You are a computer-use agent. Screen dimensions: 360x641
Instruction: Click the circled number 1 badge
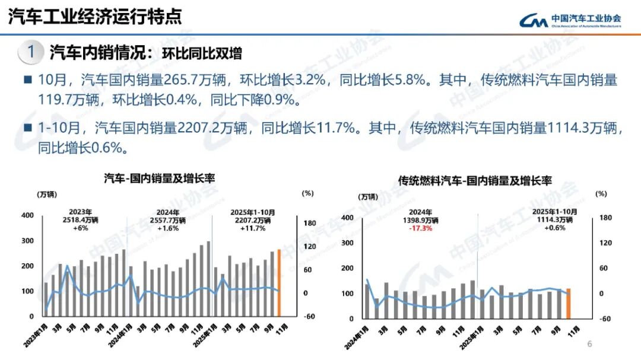point(30,52)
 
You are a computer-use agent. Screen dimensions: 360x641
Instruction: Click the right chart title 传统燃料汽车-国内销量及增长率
point(475,180)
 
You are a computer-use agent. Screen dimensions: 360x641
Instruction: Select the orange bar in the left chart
point(278,283)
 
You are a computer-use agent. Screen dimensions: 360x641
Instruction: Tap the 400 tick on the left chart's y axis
point(27,215)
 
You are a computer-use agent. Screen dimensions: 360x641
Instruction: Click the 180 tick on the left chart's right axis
point(309,223)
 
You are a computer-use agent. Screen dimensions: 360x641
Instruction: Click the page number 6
point(589,345)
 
